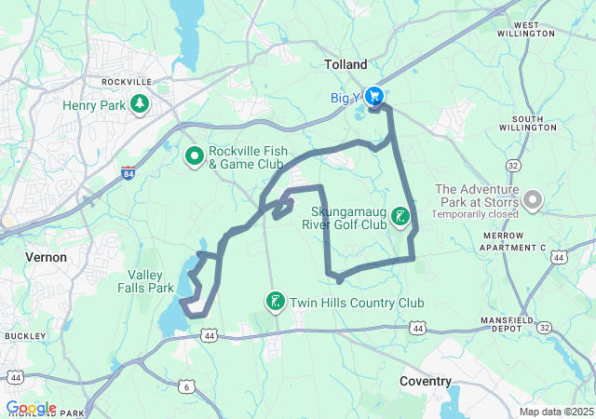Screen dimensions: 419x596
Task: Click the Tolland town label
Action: click(345, 64)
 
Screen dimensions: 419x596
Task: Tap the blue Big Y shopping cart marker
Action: click(374, 96)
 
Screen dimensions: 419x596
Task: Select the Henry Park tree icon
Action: click(140, 104)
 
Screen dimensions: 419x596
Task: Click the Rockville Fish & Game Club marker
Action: click(195, 156)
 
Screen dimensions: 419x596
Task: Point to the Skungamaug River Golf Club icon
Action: click(400, 217)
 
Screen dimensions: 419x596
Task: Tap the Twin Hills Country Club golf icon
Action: click(276, 302)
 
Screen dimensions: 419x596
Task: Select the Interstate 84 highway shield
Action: click(128, 173)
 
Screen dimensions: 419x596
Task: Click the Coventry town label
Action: click(425, 381)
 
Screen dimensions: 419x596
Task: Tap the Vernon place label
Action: click(46, 256)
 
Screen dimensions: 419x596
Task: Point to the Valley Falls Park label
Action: click(150, 282)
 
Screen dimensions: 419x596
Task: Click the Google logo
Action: click(31, 408)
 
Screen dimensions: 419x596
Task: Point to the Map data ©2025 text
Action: click(555, 412)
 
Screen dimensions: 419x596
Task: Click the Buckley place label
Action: click(19, 335)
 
